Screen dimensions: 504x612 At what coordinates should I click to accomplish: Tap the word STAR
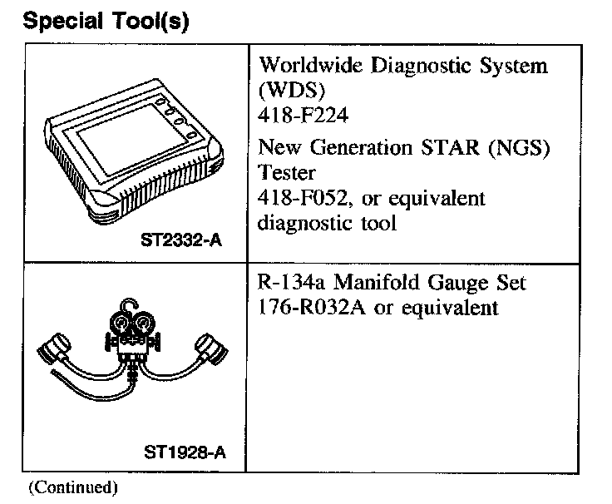(x=446, y=149)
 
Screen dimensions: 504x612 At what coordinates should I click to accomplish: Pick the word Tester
(x=284, y=174)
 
